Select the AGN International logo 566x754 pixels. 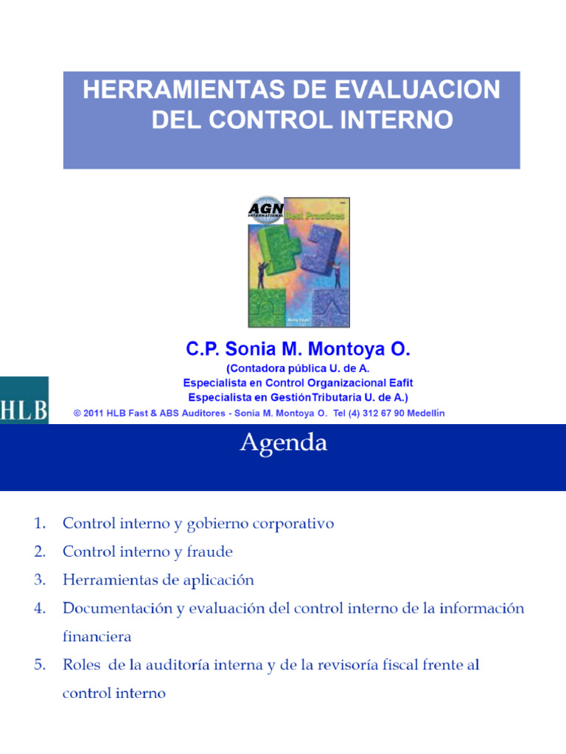click(265, 208)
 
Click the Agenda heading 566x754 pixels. click(283, 443)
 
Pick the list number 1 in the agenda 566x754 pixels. click(39, 524)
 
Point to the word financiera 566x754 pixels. click(97, 636)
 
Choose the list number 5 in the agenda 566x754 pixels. click(39, 665)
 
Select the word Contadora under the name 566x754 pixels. click(255, 368)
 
